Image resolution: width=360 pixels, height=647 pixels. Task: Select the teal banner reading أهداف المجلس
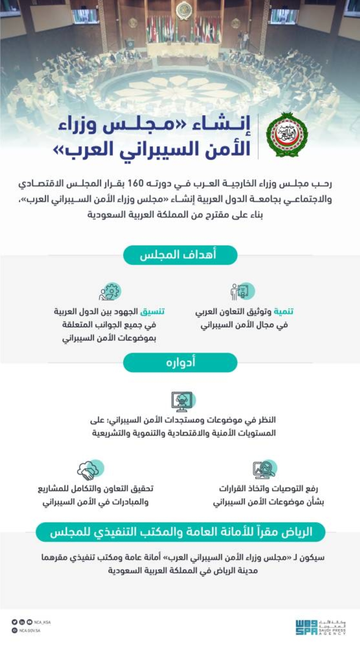coord(180,255)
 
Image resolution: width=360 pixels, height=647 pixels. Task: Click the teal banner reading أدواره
coord(180,362)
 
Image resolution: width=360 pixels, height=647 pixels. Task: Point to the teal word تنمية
coord(284,311)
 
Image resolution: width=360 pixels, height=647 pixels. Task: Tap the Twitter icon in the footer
coord(14,622)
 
